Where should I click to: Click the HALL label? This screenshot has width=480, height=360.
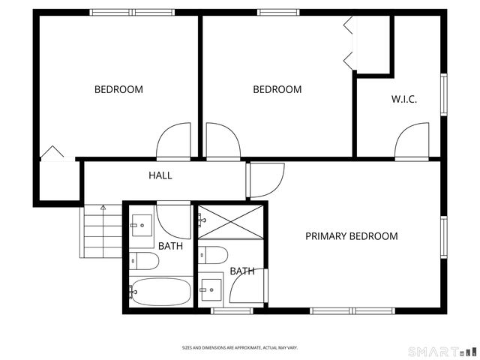coord(160,175)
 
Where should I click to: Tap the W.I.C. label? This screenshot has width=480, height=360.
coord(403,99)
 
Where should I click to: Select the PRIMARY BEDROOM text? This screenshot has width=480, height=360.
coord(351,236)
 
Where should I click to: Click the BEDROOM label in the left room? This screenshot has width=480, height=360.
coord(118,90)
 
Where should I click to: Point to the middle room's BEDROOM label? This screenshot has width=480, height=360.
coord(277,90)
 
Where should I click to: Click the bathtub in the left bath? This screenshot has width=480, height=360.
coord(160,291)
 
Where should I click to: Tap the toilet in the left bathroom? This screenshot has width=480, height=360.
coord(144,261)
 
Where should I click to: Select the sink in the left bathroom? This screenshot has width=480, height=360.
coord(142,224)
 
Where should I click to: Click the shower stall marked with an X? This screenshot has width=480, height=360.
coord(231,222)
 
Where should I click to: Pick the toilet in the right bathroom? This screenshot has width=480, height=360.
coord(213,255)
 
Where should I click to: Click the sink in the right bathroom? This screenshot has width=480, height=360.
coord(211,287)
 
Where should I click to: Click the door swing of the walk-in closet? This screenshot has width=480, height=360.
coord(412,140)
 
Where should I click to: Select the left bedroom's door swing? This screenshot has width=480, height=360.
coord(174,141)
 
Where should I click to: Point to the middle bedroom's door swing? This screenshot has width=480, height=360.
coord(222,141)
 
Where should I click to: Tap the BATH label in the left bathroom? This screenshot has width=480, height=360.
coord(170,245)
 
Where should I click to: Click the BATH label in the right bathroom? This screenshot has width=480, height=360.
coord(241,271)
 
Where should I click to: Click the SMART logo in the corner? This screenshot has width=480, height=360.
coord(442,351)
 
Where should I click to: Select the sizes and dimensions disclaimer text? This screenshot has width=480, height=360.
coord(240,348)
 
